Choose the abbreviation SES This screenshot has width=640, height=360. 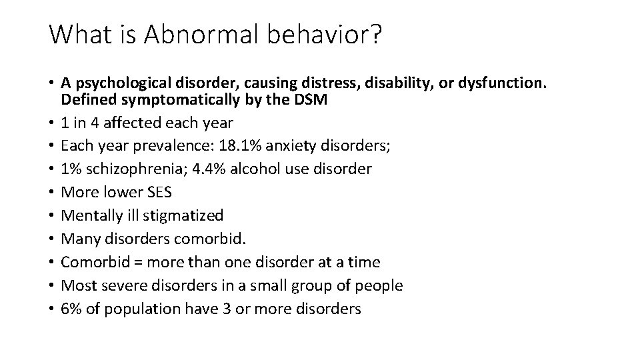pyautogui.click(x=157, y=192)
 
